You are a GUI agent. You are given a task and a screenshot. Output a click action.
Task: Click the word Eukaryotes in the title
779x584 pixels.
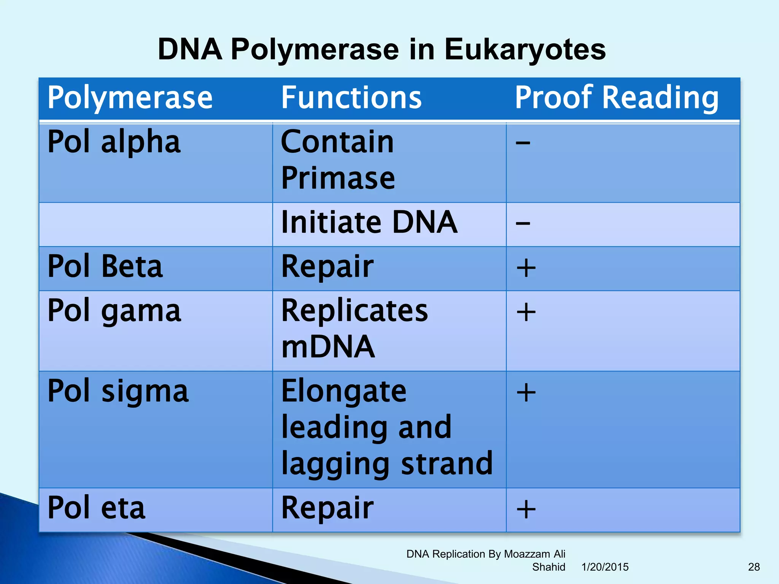(525, 50)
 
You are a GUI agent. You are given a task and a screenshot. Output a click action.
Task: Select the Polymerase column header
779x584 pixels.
(130, 98)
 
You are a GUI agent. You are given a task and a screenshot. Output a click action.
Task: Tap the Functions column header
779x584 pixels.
(351, 98)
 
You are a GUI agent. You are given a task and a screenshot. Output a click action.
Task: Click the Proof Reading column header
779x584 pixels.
(617, 98)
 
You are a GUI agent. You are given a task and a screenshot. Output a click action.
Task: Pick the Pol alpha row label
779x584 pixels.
(114, 142)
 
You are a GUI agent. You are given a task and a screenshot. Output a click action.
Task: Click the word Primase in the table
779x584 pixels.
(338, 178)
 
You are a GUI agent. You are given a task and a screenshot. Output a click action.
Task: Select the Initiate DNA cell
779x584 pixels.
(369, 223)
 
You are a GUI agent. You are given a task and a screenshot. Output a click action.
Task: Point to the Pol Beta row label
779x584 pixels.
(105, 267)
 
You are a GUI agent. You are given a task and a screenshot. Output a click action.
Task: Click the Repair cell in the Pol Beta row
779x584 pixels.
(327, 267)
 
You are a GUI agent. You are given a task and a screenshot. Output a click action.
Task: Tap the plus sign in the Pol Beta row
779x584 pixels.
(526, 268)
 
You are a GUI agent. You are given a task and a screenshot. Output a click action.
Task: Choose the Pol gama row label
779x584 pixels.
(114, 311)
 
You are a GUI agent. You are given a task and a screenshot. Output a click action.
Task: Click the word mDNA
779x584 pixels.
(328, 347)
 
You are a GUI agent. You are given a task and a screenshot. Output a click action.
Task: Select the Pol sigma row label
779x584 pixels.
(118, 392)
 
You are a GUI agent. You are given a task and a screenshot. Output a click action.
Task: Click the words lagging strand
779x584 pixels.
(387, 464)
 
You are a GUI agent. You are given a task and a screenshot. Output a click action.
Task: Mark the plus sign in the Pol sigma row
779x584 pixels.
(526, 392)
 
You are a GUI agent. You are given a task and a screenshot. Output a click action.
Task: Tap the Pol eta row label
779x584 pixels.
(96, 508)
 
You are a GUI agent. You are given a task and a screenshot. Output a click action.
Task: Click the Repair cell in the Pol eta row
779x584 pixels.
(327, 508)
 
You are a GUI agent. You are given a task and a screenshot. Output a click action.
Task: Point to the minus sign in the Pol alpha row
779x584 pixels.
(523, 143)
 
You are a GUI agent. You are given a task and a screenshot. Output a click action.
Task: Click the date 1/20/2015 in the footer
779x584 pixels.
(605, 567)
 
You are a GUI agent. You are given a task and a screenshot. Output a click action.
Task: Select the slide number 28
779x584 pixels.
(754, 567)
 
